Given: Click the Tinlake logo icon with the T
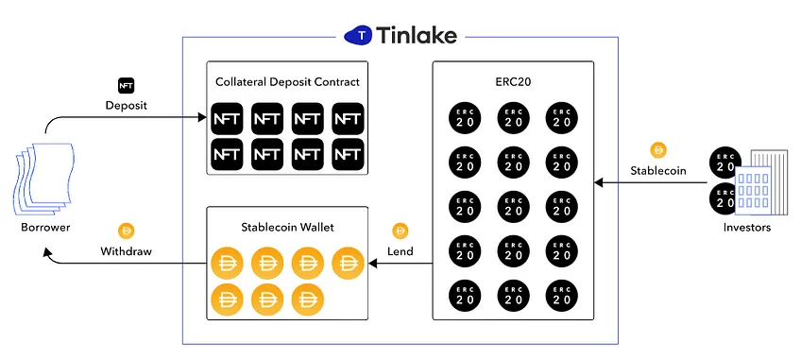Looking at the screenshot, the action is (360, 35).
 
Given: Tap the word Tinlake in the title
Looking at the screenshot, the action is (417, 35).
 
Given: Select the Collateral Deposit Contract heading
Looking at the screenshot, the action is (287, 82).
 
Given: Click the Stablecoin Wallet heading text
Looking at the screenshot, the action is (287, 227).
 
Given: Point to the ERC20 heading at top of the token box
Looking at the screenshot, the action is (513, 82).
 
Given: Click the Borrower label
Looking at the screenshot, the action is (45, 227).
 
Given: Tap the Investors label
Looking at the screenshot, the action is (747, 228).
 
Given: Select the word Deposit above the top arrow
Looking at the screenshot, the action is (127, 106).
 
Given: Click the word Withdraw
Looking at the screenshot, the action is (127, 251).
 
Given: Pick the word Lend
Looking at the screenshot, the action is (400, 251).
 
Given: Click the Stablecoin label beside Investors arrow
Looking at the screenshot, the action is (658, 170).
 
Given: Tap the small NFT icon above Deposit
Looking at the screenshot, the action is (127, 85).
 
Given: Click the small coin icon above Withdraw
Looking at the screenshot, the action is (126, 231).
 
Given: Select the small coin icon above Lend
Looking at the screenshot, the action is (400, 231).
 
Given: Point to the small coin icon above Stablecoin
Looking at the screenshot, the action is (658, 150).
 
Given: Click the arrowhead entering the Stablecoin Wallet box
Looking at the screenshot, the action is (373, 264).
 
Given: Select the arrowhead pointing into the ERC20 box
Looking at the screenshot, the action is (599, 182).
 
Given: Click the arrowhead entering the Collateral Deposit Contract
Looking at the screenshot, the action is (202, 117).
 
